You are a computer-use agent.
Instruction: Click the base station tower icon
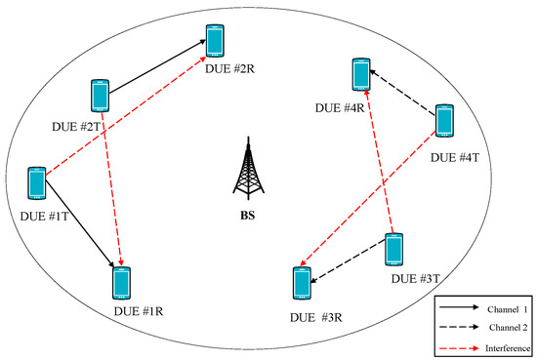pos(247,172)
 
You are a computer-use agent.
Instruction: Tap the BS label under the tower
pos(247,215)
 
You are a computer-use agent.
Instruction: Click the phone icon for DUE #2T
pos(99,96)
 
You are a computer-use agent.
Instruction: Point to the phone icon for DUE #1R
pos(121,281)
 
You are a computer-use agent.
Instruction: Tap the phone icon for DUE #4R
pos(360,75)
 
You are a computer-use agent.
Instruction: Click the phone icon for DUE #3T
pos(394,250)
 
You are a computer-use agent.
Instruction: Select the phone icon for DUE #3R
pos(302,282)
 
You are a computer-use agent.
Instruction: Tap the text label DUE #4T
pos(457,156)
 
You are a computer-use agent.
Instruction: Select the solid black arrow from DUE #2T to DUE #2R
pos(156,69)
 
